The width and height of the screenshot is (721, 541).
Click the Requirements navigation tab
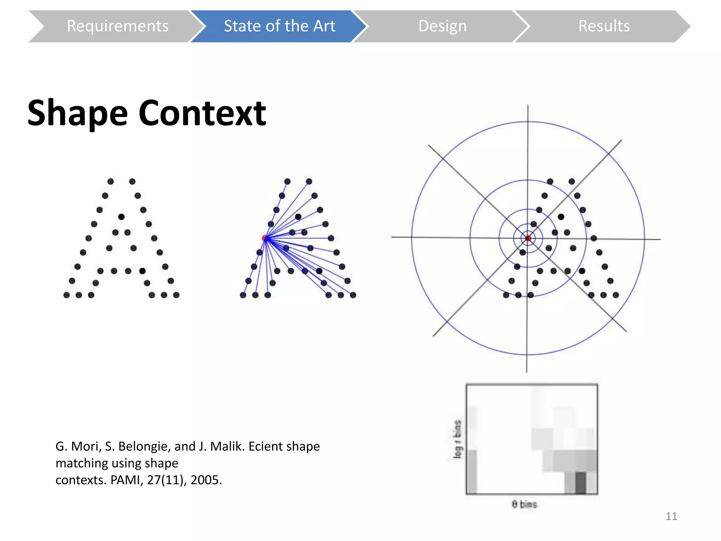(x=118, y=26)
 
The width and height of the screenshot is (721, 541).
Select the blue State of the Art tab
(x=279, y=26)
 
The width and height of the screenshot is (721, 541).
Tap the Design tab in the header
(x=442, y=26)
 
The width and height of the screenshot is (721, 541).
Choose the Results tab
(x=604, y=26)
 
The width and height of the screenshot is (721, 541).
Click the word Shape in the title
(x=77, y=113)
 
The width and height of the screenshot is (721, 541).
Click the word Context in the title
(x=202, y=113)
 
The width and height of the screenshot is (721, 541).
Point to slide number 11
(x=671, y=516)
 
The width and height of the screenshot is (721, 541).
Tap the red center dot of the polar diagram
(x=528, y=238)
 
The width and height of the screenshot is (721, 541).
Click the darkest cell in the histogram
(x=580, y=483)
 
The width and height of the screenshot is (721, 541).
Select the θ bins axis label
(x=524, y=504)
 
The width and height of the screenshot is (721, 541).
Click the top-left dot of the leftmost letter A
(x=111, y=181)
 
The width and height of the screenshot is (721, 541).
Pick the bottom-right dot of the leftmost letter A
(x=176, y=295)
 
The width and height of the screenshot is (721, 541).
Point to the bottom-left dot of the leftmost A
(x=67, y=295)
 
